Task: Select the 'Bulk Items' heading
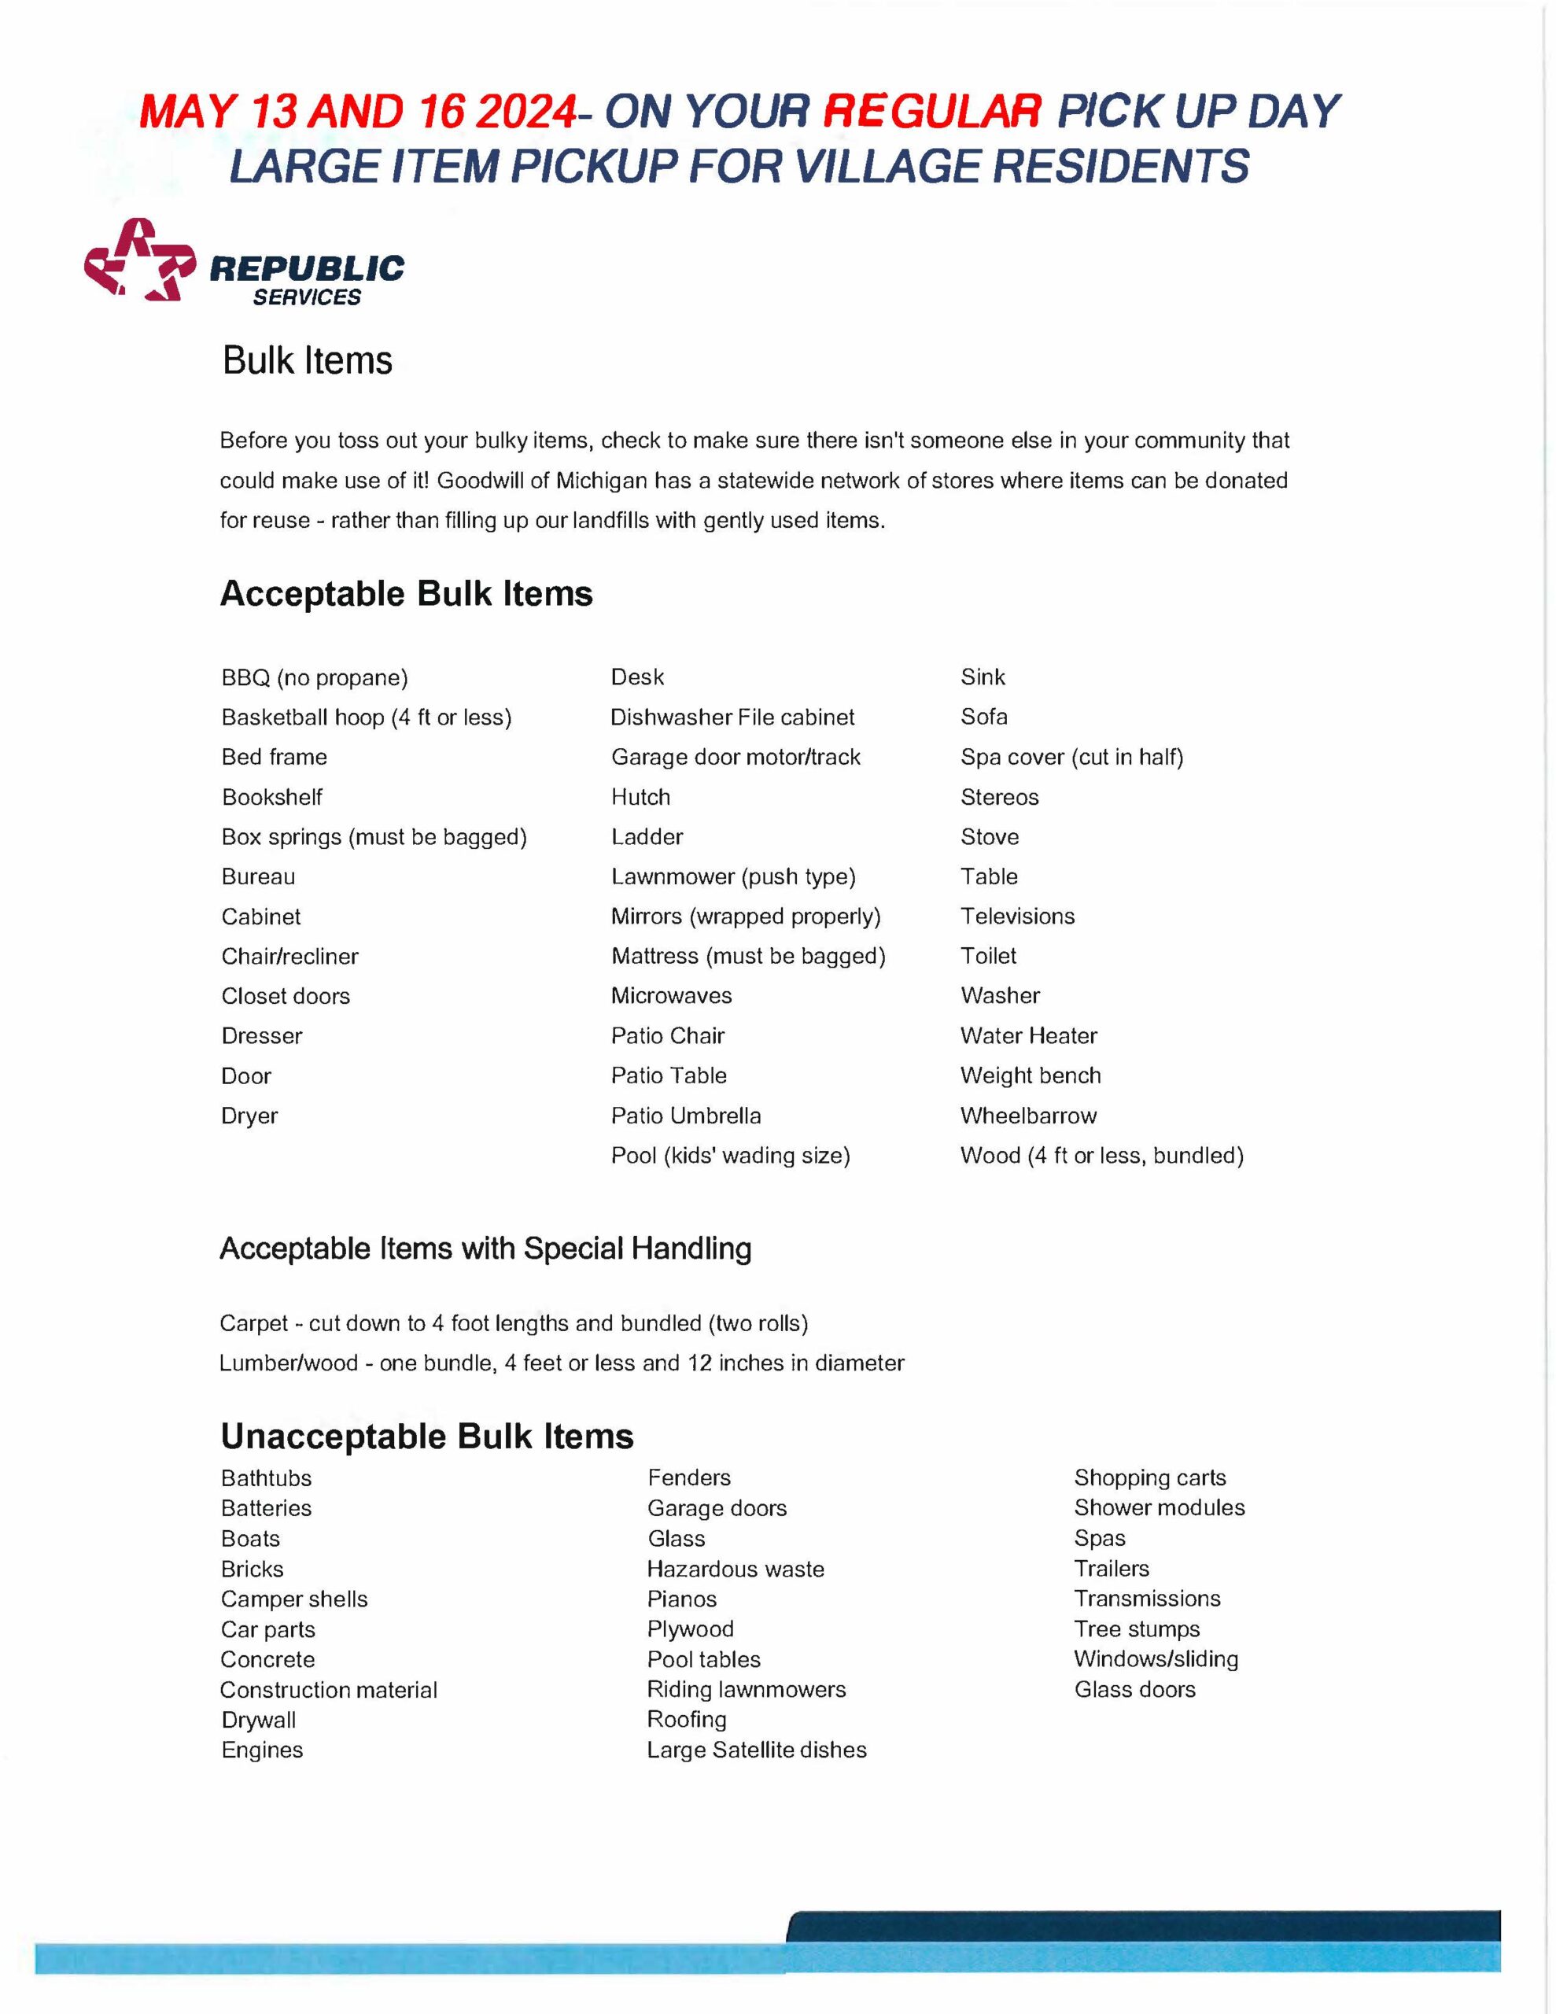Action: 307,360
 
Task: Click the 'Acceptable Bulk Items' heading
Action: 406,594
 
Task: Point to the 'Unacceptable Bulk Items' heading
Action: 427,1437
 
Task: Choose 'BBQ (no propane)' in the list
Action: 315,678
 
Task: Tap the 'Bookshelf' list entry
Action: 272,797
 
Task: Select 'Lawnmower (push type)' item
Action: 733,877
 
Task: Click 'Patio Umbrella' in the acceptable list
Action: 686,1116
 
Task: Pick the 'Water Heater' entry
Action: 1028,1035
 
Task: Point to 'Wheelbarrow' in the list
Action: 1028,1116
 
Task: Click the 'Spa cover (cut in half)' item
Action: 1071,757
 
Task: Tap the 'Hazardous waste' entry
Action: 735,1569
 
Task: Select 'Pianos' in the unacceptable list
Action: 681,1599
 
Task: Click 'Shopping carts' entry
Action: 1150,1477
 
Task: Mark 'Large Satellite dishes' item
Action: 756,1750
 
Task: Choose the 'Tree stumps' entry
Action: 1137,1629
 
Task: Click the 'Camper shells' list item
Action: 294,1599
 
